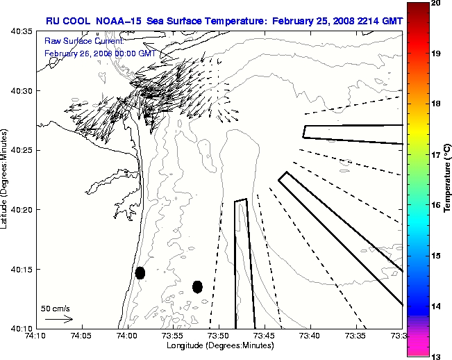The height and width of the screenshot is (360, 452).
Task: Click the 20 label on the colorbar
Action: [x=435, y=3]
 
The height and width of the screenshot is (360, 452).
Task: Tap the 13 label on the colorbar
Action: [x=435, y=357]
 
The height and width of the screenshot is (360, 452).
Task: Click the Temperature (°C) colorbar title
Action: [x=447, y=180]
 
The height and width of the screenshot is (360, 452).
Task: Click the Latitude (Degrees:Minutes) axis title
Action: [x=6, y=179]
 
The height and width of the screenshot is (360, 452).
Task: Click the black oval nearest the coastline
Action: [x=140, y=272]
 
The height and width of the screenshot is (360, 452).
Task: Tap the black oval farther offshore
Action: [x=197, y=286]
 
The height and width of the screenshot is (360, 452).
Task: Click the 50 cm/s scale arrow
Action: [x=59, y=319]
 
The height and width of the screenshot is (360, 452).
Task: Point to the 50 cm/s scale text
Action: [x=55, y=308]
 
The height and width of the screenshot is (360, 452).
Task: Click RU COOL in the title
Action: [x=65, y=21]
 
